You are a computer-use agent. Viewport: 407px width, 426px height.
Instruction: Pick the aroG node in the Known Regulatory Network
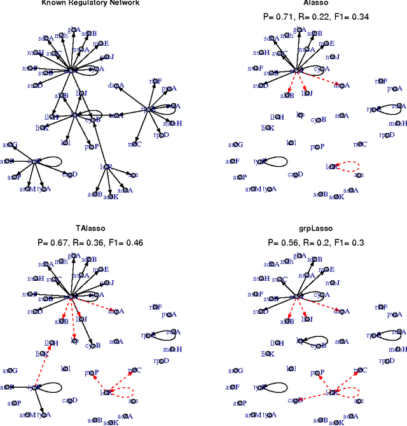click(x=10, y=146)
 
